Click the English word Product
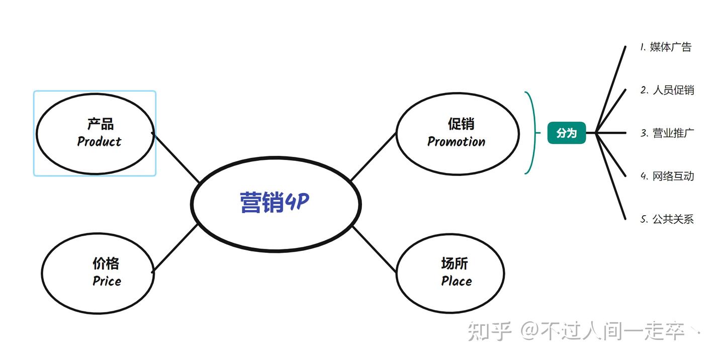click(x=99, y=142)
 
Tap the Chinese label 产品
click(x=100, y=124)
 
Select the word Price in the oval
click(x=107, y=281)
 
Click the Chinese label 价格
click(x=106, y=263)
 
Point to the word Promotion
click(x=456, y=142)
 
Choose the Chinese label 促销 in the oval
click(x=461, y=124)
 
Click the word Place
click(x=457, y=281)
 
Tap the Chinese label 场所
click(x=455, y=263)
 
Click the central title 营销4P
click(x=275, y=203)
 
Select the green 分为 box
click(x=567, y=133)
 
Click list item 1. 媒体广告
click(x=666, y=47)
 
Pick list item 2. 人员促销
click(x=667, y=91)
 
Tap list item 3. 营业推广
click(x=667, y=133)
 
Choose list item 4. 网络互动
click(x=667, y=176)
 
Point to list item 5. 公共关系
click(x=667, y=219)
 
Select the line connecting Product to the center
click(x=176, y=157)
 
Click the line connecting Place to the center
click(x=375, y=249)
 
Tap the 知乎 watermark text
click(x=489, y=331)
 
